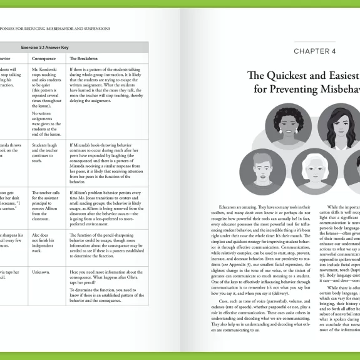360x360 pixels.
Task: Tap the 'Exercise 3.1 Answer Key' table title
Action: click(x=74, y=47)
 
